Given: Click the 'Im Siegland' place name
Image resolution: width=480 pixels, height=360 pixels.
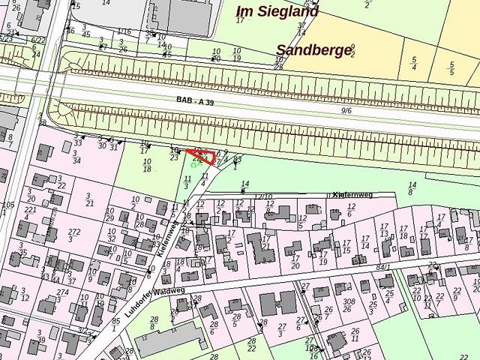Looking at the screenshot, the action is point(277,11).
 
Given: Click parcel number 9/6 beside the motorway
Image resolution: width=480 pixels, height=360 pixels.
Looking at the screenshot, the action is point(346,110).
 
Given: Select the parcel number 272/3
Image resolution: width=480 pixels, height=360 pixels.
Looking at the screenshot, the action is point(74,235).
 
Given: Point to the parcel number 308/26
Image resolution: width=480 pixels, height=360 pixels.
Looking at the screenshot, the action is point(348,306).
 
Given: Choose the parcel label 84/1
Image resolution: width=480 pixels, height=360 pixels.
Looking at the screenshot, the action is point(383,266).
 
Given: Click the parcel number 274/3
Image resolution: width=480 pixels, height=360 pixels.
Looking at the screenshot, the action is point(62,296).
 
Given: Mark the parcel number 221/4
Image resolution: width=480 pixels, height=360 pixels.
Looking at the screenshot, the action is point(30,214).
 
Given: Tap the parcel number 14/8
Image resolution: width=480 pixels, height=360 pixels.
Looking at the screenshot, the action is point(411,188).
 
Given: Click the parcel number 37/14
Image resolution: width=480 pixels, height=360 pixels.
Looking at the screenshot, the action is point(301,29).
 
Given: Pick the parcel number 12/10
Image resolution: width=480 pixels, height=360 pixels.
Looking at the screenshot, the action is point(263,196).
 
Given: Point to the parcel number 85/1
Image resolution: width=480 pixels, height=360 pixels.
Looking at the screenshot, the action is point(115,325).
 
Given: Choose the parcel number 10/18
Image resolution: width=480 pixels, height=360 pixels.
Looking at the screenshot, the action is point(146,166).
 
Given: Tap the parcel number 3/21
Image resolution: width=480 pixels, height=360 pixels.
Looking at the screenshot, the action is point(89,199).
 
